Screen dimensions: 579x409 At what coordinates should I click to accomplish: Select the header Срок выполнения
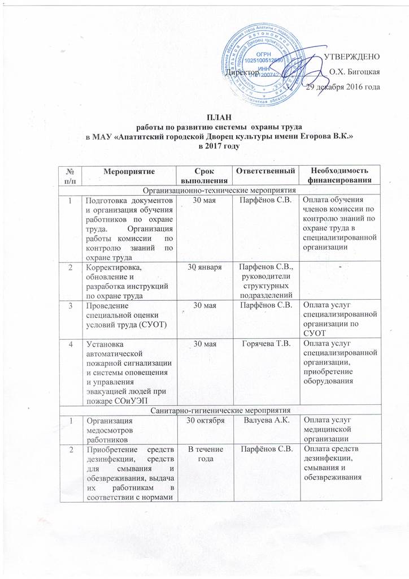202,176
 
